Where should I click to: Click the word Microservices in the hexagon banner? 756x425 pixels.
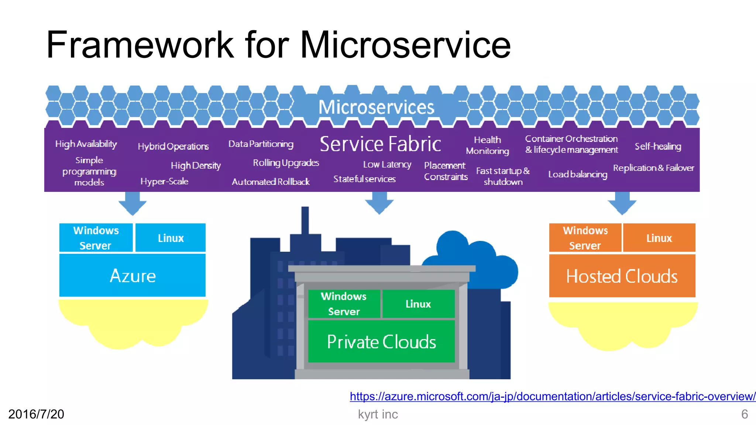click(376, 107)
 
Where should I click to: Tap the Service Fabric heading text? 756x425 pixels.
click(380, 144)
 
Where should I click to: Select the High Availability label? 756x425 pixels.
click(86, 144)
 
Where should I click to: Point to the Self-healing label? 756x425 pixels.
click(658, 146)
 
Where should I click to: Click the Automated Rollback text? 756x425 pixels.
click(271, 182)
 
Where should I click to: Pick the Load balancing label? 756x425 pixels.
click(578, 174)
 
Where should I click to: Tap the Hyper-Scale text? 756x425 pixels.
click(164, 181)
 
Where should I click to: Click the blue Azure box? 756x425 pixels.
click(132, 275)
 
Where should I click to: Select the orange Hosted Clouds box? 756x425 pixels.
click(622, 276)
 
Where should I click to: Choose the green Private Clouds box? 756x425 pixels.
click(381, 342)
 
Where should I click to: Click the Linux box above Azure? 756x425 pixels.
click(171, 238)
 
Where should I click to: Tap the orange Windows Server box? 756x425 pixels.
click(585, 238)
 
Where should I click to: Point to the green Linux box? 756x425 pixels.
click(418, 304)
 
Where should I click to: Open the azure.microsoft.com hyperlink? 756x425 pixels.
click(553, 396)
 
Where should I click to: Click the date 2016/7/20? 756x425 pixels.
click(36, 414)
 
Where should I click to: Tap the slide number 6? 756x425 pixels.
click(745, 414)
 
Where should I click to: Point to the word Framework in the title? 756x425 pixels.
click(140, 45)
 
